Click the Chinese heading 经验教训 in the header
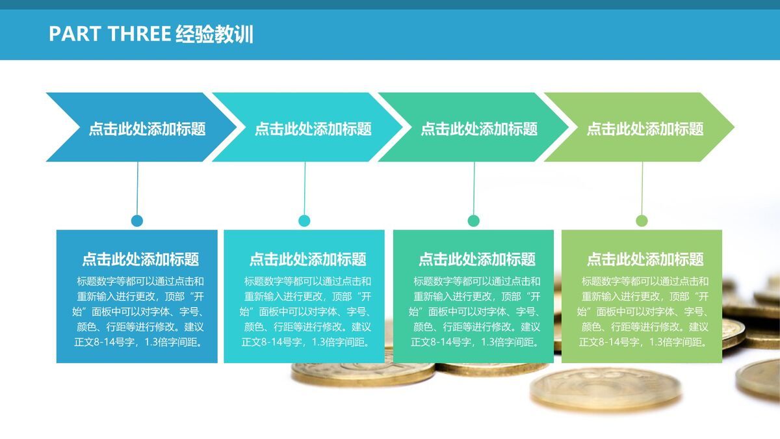pyautogui.click(x=214, y=34)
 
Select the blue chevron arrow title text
pyautogui.click(x=147, y=129)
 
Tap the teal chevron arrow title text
pyautogui.click(x=313, y=129)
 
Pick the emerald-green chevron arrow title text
pyautogui.click(x=479, y=129)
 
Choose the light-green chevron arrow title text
pyautogui.click(x=645, y=129)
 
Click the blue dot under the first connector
pyautogui.click(x=136, y=220)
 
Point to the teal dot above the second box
pyautogui.click(x=304, y=220)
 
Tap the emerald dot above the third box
pyautogui.click(x=473, y=220)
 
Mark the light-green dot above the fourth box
pyautogui.click(x=642, y=220)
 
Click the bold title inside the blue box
pyautogui.click(x=140, y=259)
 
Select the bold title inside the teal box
pyautogui.click(x=307, y=259)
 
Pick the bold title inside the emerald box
pyautogui.click(x=476, y=259)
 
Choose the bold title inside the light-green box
pyautogui.click(x=645, y=259)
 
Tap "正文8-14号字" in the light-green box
pyautogui.click(x=609, y=342)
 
